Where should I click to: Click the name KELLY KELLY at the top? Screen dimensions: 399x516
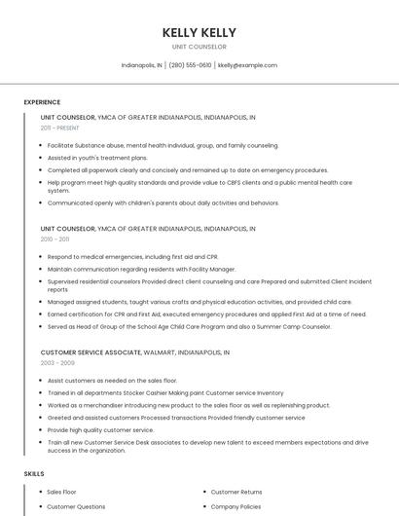pos(199,33)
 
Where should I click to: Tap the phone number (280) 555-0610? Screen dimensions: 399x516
pos(190,65)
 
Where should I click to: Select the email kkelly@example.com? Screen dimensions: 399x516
pos(247,65)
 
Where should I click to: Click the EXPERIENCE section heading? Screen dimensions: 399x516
pos(42,102)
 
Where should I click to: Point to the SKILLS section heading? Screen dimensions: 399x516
pos(34,473)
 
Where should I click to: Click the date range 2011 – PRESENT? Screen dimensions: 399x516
pos(59,128)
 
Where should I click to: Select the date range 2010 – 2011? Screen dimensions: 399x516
pos(54,239)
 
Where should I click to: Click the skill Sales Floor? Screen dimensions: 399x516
pos(62,492)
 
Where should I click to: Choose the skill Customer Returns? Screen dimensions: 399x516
pos(236,492)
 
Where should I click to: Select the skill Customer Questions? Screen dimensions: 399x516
pos(76,506)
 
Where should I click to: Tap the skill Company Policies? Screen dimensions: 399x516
pos(236,506)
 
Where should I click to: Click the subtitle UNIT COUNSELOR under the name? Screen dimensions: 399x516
pos(199,47)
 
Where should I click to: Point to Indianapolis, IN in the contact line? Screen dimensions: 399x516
pos(141,65)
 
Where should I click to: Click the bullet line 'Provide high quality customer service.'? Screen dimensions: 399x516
pos(100,429)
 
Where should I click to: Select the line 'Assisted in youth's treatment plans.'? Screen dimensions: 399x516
pos(97,157)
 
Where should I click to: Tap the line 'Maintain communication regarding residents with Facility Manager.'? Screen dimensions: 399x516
pos(141,269)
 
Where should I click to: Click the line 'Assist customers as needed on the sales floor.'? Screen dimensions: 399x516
pos(112,380)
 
